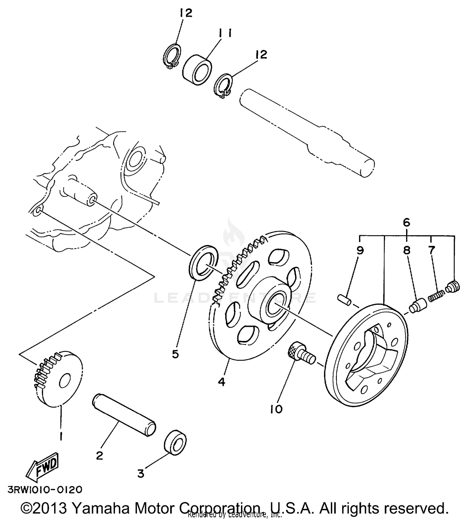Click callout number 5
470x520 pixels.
[x=175, y=354]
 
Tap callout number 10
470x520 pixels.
[x=276, y=409]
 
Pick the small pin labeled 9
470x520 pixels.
[x=344, y=299]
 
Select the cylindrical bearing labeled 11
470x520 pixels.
[x=197, y=70]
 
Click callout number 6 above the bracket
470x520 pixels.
[x=406, y=223]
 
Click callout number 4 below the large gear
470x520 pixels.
[x=222, y=382]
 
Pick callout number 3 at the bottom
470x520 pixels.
[x=141, y=473]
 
